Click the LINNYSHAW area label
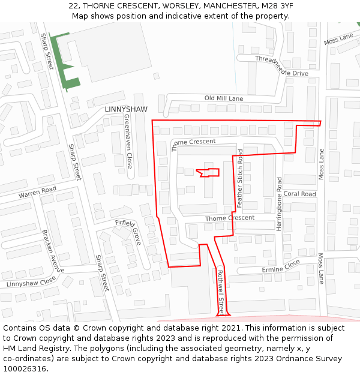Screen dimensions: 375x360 click(125, 109)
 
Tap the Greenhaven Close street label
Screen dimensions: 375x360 click(128, 142)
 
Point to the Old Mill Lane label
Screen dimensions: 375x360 click(224, 98)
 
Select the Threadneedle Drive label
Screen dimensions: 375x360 click(281, 66)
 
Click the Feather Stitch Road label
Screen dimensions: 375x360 click(240, 178)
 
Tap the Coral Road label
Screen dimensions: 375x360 click(299, 194)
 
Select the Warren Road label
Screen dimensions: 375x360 click(37, 193)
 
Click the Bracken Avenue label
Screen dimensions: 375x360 click(52, 250)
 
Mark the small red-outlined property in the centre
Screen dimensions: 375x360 click(208, 172)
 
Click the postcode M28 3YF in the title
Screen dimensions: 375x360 click(278, 5)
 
